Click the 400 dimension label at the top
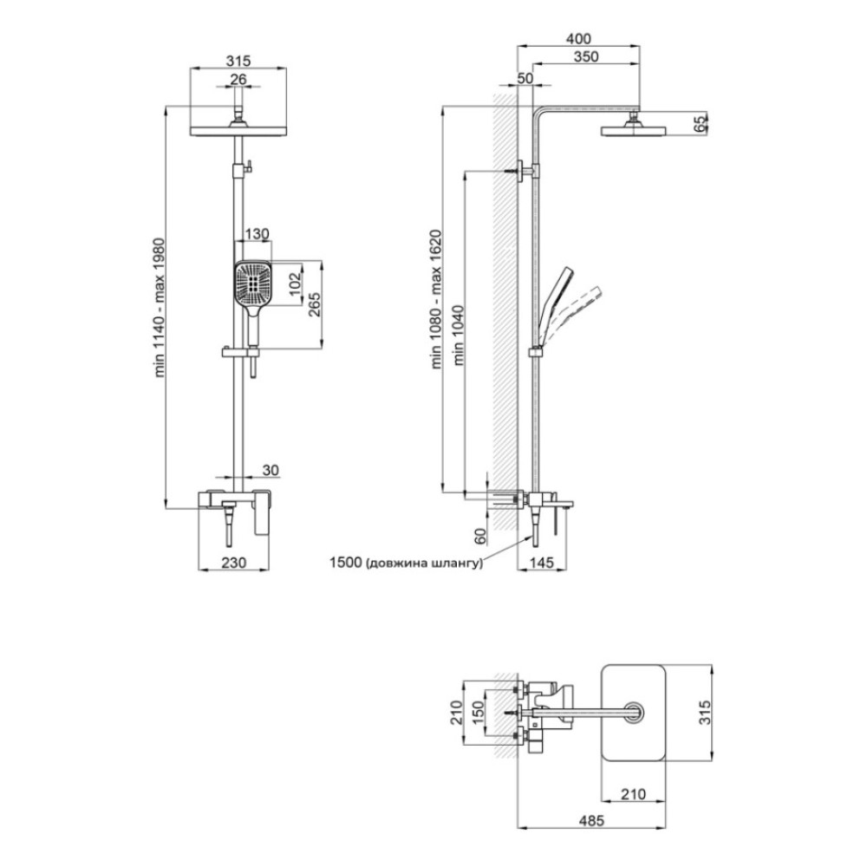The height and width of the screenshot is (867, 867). pyautogui.click(x=578, y=39)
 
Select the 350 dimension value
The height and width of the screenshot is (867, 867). pyautogui.click(x=586, y=56)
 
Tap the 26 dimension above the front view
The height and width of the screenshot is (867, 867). pyautogui.click(x=238, y=79)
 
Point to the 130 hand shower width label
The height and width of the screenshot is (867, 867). pyautogui.click(x=257, y=234)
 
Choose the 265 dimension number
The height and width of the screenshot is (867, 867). pyautogui.click(x=314, y=303)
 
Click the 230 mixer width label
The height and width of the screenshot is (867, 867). pyautogui.click(x=234, y=563)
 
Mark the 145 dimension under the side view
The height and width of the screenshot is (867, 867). pyautogui.click(x=541, y=563)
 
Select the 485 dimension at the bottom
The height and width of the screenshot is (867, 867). pyautogui.click(x=591, y=821)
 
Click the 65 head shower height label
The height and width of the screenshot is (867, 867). pyautogui.click(x=701, y=124)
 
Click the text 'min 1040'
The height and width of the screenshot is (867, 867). pyautogui.click(x=459, y=336)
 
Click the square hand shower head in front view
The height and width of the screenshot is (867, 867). pyautogui.click(x=252, y=284)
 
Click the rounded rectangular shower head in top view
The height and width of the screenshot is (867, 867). pyautogui.click(x=633, y=713)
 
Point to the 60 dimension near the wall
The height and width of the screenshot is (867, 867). pyautogui.click(x=480, y=535)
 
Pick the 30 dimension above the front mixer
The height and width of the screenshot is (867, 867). pyautogui.click(x=271, y=470)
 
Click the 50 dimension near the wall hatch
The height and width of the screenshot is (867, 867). pyautogui.click(x=525, y=78)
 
